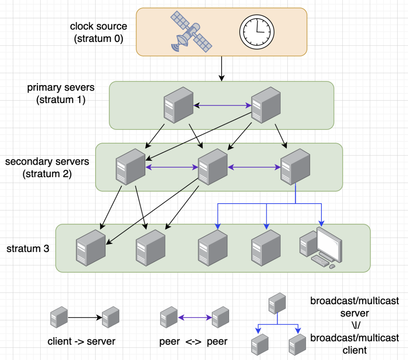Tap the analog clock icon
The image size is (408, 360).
click(x=255, y=32)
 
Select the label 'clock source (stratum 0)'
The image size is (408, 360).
click(x=98, y=33)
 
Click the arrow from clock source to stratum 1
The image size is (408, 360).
click(x=222, y=68)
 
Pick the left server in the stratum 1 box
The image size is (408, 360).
click(x=178, y=104)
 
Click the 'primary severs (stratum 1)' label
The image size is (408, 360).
click(x=60, y=94)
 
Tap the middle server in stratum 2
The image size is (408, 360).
click(x=213, y=166)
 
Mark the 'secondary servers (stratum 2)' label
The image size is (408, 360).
click(x=47, y=168)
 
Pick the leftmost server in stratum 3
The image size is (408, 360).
click(x=91, y=248)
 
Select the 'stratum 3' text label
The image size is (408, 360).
click(x=28, y=249)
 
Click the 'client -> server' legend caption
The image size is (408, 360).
click(x=82, y=341)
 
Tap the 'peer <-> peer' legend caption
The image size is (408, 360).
click(x=193, y=341)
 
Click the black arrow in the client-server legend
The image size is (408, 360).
click(x=85, y=317)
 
